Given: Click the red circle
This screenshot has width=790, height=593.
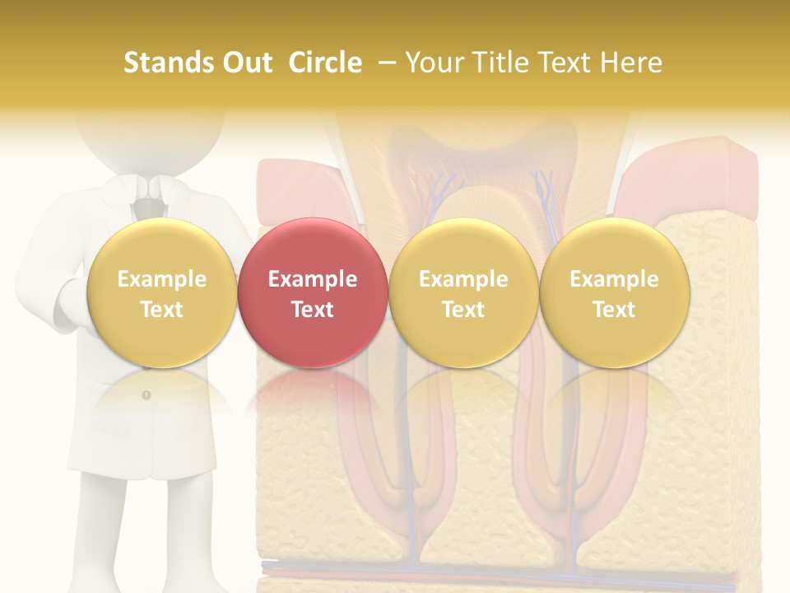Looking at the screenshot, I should pos(312,292).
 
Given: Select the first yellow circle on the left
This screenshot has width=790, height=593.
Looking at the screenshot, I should pos(161,292).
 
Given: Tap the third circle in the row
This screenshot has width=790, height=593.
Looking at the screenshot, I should pos(463,292).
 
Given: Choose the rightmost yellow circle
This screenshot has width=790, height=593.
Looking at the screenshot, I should pos(614,292).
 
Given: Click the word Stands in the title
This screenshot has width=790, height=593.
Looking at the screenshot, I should pos(165,63).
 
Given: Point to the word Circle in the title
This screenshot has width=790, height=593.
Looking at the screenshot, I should pos(325,63).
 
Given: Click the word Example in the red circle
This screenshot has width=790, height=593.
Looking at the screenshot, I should pos(312,279).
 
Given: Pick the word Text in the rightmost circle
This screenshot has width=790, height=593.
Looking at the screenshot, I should pos(614,310).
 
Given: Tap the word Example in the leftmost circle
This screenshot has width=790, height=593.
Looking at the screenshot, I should pos(161,279).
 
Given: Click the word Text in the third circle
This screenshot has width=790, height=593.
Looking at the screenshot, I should pos(463,310).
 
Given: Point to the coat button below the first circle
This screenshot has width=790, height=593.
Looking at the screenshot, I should pos(146,395).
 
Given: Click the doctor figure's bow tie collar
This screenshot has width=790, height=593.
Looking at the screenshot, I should pos(149,198).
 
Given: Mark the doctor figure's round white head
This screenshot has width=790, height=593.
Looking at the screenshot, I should pos(149,132).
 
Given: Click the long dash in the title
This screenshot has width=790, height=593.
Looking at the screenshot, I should pos(383,63).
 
